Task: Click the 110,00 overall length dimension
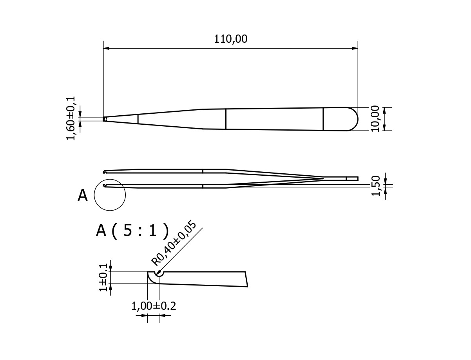pyautogui.click(x=230, y=39)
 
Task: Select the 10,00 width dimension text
pyautogui.click(x=375, y=118)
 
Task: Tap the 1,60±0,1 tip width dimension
pyautogui.click(x=71, y=118)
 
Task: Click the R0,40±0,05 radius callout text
pyautogui.click(x=174, y=243)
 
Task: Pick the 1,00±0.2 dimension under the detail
pyautogui.click(x=153, y=306)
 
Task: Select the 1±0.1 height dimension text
pyautogui.click(x=103, y=277)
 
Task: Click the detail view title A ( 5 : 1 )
pyautogui.click(x=132, y=231)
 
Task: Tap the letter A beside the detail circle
pyautogui.click(x=83, y=196)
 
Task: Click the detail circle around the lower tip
pyautogui.click(x=110, y=195)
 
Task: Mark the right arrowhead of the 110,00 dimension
pyautogui.click(x=355, y=48)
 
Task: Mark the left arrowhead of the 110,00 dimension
pyautogui.click(x=106, y=48)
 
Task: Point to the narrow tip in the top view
pyautogui.click(x=105, y=119)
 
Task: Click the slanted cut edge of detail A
pyautogui.click(x=246, y=279)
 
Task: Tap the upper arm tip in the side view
pyautogui.click(x=105, y=171)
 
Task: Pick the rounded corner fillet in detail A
pyautogui.click(x=150, y=280)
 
